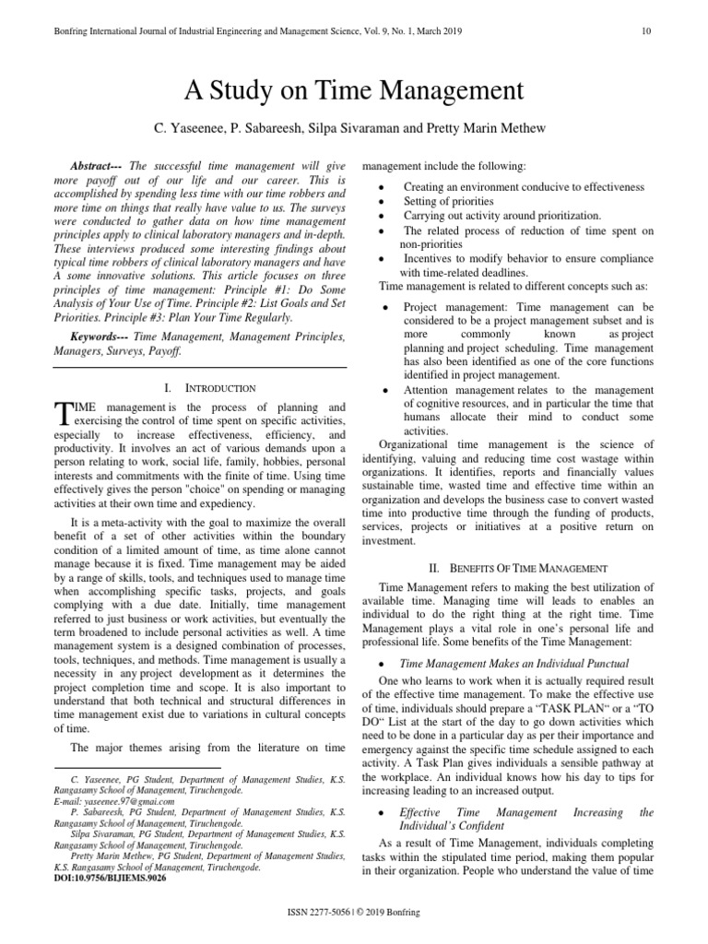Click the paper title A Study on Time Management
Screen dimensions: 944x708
(354, 90)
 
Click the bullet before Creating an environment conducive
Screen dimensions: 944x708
(383, 187)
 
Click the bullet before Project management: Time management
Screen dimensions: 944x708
(383, 307)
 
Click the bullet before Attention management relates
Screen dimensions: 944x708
(383, 391)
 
